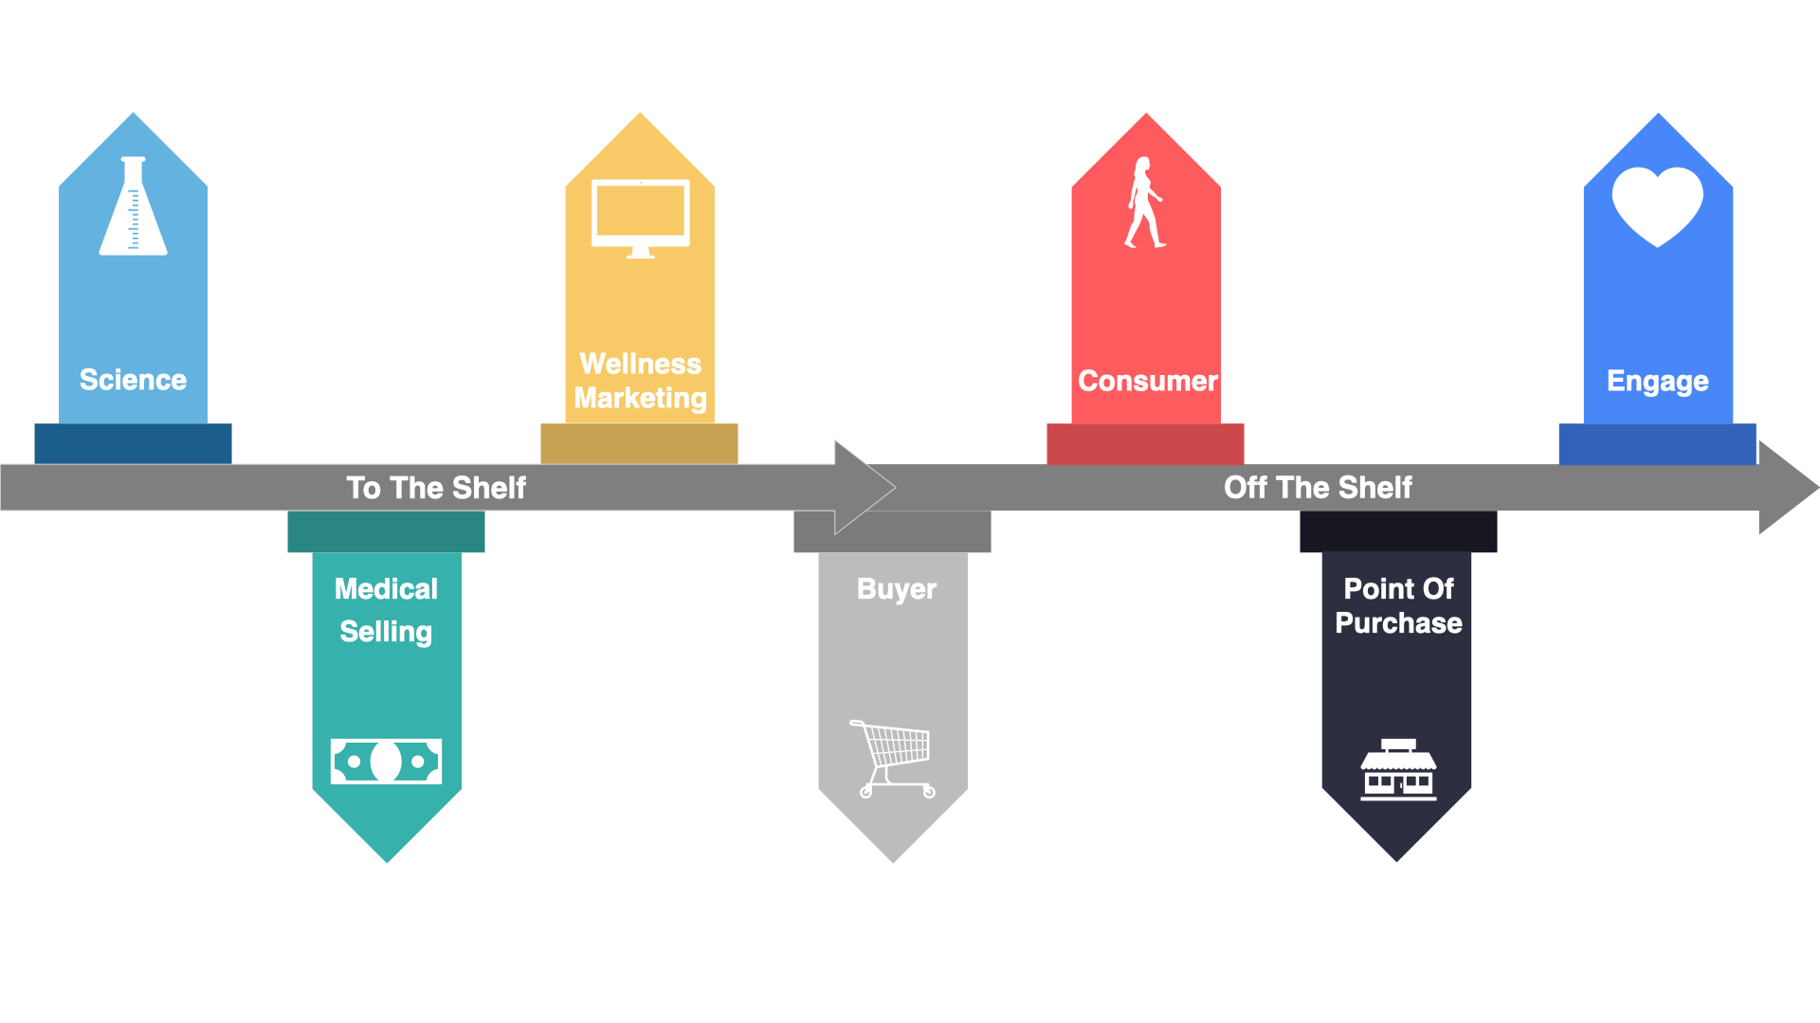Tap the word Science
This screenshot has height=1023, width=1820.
133,380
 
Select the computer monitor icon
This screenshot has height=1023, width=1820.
640,218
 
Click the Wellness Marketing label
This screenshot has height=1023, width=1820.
640,381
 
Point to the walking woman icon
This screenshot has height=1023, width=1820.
1144,203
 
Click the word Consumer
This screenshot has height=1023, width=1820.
1147,381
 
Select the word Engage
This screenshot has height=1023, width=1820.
1657,381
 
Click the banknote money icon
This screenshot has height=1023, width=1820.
386,761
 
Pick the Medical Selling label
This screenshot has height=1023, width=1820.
386,610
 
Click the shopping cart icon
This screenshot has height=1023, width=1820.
893,759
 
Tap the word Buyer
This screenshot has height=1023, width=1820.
896,589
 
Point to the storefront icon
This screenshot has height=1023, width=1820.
1398,770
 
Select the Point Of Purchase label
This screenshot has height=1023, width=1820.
1398,605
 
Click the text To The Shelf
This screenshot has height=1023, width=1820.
436,488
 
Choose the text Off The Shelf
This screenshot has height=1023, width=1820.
1318,488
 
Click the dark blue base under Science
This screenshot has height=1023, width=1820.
133,443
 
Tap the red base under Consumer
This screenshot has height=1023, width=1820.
1145,443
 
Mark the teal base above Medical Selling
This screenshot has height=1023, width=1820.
386,531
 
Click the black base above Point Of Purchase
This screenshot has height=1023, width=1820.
1398,531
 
